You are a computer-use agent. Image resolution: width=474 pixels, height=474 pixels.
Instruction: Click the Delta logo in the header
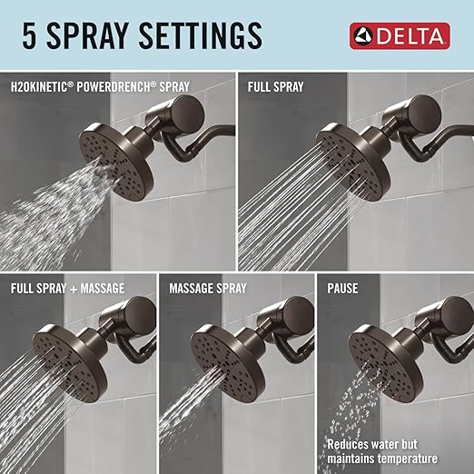point(400,36)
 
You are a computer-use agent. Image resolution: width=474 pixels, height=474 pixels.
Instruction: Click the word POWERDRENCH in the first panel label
point(116,88)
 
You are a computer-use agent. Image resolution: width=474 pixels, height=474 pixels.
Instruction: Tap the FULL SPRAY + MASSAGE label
point(68,289)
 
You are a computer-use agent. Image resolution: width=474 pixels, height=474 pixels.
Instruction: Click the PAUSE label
point(344,289)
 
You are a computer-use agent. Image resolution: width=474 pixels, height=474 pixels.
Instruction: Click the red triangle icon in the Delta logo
point(363,36)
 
